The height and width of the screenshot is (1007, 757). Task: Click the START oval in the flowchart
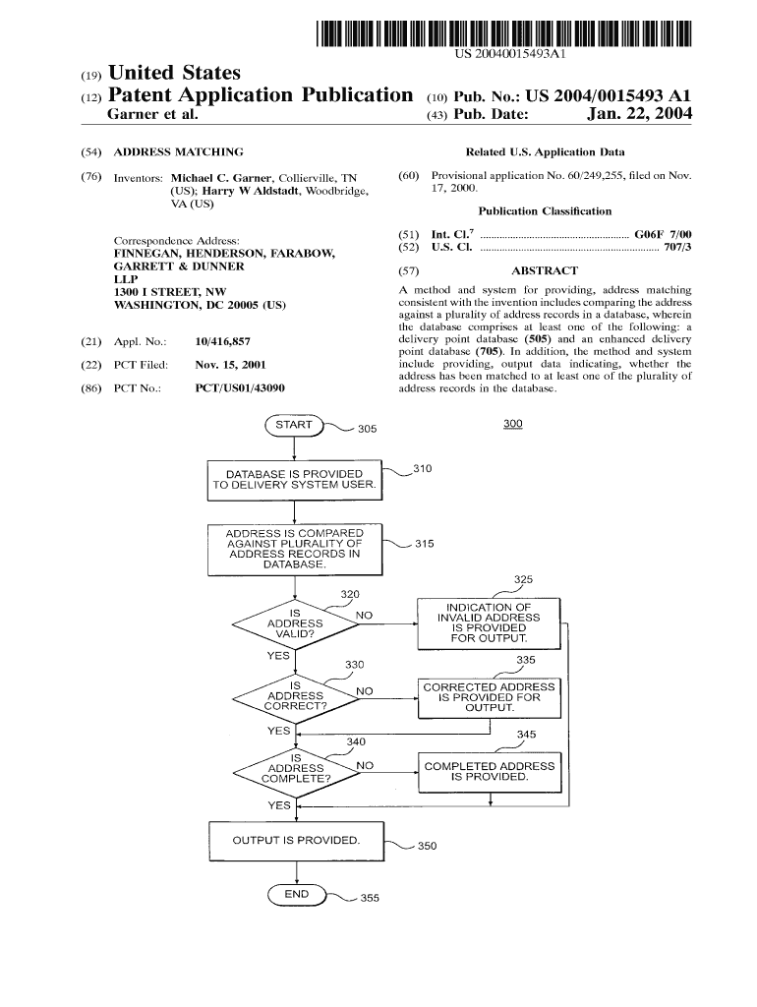294,425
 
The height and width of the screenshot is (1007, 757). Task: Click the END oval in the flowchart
297,894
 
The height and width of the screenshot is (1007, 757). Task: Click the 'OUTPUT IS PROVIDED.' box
295,841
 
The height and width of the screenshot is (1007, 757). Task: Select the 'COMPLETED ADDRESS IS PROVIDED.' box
489,771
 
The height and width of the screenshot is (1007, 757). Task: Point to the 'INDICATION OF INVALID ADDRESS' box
489,622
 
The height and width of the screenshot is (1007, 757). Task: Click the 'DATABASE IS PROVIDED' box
294,480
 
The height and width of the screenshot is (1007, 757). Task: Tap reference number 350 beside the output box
427,846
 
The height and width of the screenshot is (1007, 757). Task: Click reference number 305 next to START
366,429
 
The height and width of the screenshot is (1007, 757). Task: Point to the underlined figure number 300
512,424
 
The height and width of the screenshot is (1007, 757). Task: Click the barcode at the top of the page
504,34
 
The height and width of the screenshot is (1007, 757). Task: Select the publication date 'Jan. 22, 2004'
639,115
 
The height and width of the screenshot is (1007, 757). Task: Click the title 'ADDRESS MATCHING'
178,152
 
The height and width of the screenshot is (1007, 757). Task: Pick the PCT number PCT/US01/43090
240,387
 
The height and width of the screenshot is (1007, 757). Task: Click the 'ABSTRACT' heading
545,270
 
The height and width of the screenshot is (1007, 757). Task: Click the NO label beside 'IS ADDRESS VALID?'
364,616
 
